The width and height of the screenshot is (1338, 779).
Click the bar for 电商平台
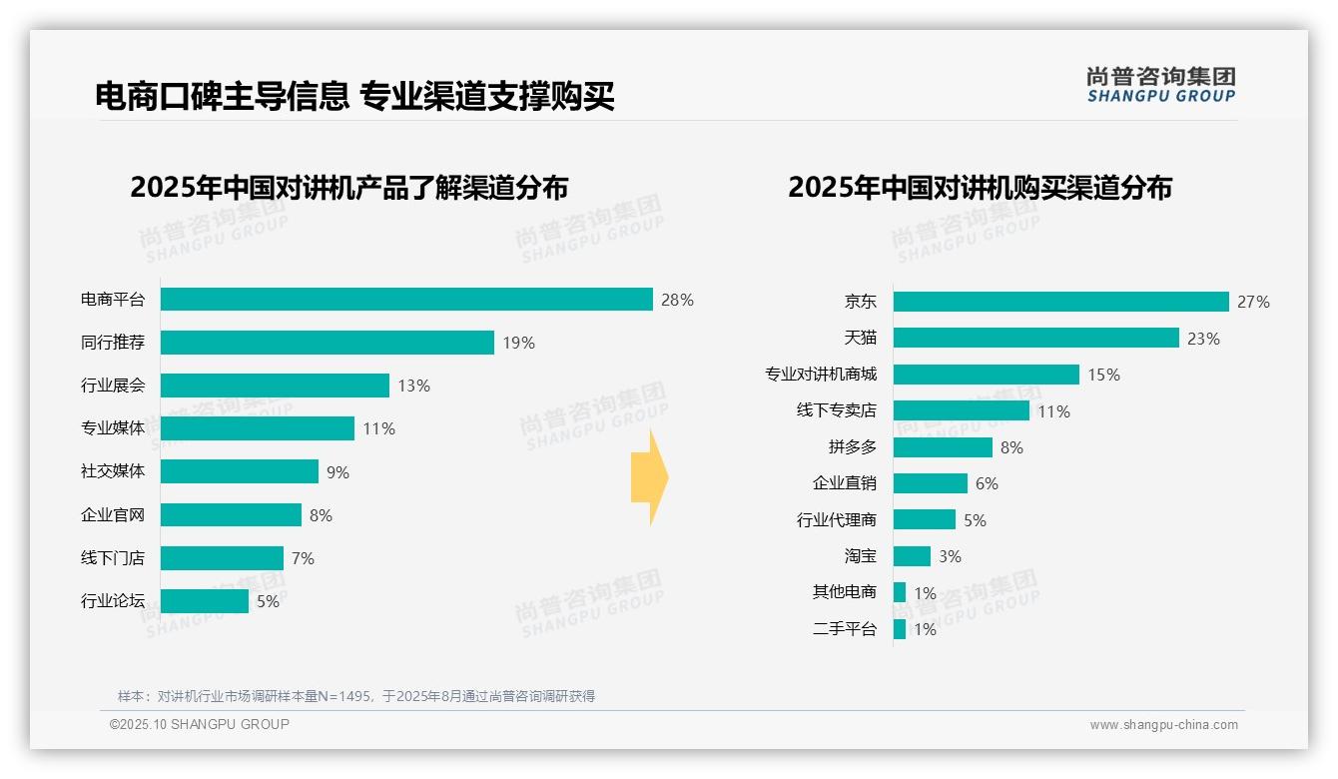point(406,300)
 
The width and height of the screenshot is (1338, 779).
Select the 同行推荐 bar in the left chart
point(327,343)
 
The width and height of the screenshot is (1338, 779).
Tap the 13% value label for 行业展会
point(414,386)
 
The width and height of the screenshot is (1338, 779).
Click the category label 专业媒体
point(113,428)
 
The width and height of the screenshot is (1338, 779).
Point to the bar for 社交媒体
point(239,471)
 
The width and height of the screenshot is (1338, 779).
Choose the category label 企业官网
point(113,515)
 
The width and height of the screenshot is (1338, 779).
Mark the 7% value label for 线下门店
point(303,558)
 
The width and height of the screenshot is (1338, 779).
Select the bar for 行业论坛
point(204,601)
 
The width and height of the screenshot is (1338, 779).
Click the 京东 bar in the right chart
point(1060,302)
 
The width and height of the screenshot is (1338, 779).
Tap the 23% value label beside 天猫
point(1203,339)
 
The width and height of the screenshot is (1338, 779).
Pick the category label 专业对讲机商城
point(821,375)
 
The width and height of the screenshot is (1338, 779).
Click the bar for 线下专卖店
point(961,410)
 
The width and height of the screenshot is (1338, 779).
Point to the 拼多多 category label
point(852,447)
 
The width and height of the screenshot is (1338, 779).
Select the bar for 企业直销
point(930,483)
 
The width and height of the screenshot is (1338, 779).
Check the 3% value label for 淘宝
point(950,556)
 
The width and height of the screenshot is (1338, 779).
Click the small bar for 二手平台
point(900,629)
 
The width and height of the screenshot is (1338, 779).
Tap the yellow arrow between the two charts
point(649,478)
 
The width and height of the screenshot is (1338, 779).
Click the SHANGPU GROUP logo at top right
point(1160,85)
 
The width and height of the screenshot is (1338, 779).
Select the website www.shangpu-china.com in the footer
point(1163,725)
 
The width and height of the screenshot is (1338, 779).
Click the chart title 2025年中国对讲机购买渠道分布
point(980,188)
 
